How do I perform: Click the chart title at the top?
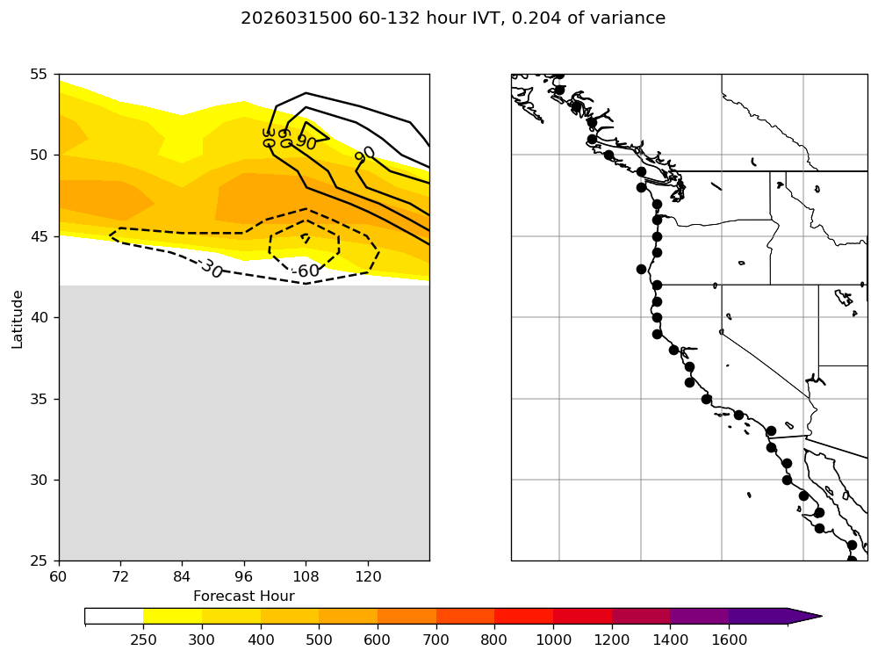[453, 18]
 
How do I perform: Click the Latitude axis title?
[18, 317]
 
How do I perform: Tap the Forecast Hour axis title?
[243, 596]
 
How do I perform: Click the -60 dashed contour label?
[306, 271]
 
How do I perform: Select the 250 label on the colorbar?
[143, 640]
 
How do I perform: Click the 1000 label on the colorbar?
[553, 640]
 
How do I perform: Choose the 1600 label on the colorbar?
[729, 640]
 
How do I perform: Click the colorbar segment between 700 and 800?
[465, 616]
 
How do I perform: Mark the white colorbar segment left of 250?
[114, 616]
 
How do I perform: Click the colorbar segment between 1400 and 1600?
[700, 616]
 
